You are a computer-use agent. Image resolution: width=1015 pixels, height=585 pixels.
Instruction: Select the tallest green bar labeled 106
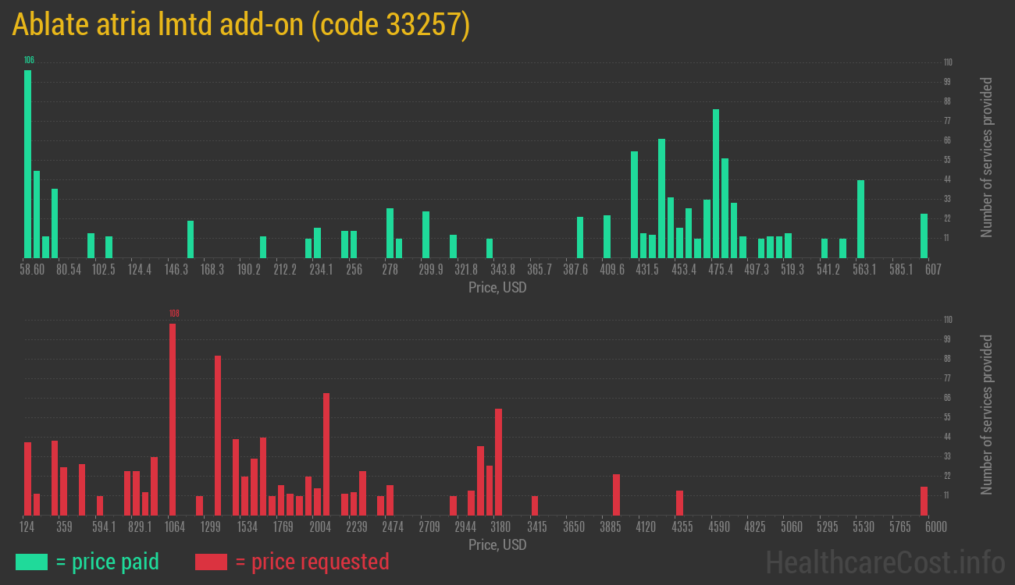coord(28,164)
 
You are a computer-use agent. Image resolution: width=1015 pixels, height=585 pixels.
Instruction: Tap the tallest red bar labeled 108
coord(173,419)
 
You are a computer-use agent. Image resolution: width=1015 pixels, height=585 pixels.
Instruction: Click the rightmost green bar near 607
coord(924,236)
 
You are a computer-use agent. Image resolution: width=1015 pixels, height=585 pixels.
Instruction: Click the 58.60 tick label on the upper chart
coord(33,270)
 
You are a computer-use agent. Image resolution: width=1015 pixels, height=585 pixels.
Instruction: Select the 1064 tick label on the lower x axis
coord(175,527)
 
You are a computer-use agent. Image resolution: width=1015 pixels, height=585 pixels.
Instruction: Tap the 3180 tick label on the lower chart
coord(500,527)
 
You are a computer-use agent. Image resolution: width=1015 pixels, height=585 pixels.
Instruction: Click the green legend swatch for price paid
coord(31,562)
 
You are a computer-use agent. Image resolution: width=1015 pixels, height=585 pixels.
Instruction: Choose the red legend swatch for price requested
coord(211,562)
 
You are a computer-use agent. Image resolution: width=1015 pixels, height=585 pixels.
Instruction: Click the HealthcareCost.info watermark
coord(885,562)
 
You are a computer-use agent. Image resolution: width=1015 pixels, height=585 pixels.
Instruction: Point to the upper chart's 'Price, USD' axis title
coord(497,288)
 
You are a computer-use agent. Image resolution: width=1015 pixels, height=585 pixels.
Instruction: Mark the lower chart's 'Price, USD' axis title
coord(497,544)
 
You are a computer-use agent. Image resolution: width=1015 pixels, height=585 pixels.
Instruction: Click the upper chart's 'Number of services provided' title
coord(987,158)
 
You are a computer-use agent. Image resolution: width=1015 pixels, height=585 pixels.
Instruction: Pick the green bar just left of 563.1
coord(860,219)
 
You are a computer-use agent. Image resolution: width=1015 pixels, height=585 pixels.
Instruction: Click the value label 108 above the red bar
coord(174,314)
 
